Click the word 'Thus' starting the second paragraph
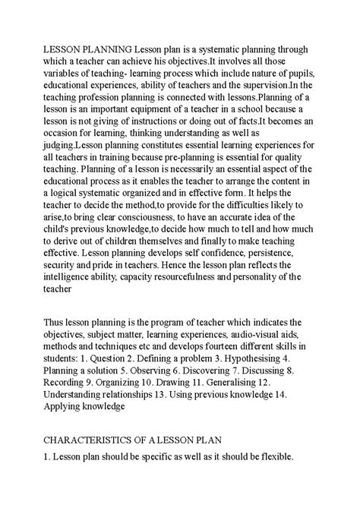coord(55,389)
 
